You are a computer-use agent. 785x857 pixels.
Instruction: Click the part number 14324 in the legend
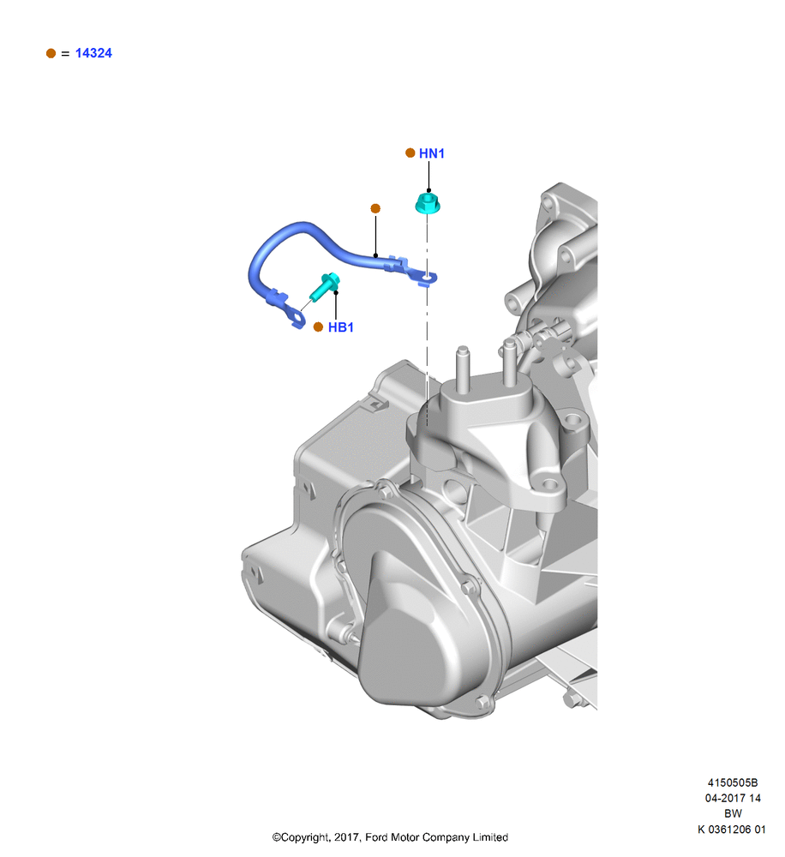point(93,53)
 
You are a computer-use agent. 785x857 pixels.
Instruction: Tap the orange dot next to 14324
point(51,53)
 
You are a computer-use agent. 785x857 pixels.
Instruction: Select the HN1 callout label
point(432,153)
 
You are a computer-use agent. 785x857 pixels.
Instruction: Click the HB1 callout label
point(340,327)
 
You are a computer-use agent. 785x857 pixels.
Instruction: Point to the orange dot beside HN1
point(410,153)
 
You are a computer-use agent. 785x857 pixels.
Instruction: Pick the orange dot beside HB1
point(318,327)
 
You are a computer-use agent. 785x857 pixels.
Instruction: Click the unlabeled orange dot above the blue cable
point(375,208)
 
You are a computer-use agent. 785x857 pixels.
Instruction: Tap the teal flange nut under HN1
point(428,203)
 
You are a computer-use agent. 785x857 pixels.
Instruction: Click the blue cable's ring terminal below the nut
point(425,279)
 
